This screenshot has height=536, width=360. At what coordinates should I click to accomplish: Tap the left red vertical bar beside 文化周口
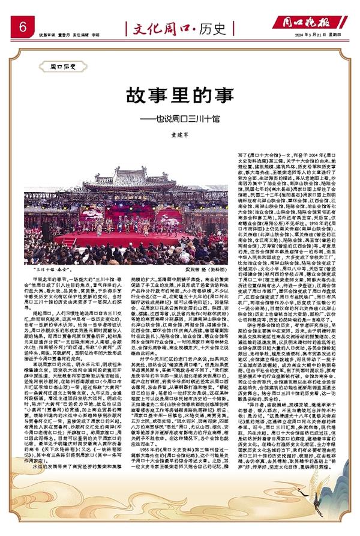[x=124, y=27]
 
